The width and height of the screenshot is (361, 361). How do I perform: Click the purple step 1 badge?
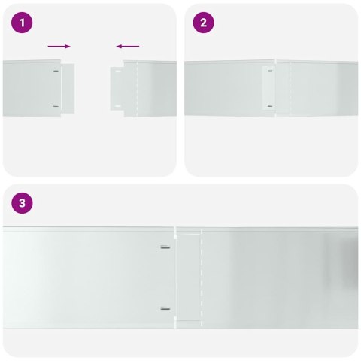coord(23,23)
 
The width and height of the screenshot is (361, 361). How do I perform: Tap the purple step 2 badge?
coord(203,23)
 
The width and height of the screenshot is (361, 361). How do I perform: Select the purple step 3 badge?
coord(23,203)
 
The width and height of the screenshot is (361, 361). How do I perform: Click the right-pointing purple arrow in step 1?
coord(59,46)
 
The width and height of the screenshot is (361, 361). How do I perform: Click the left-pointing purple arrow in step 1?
coord(128,46)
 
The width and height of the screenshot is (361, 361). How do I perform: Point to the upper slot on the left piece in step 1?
coord(56,71)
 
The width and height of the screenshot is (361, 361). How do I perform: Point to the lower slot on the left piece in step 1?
coord(56,105)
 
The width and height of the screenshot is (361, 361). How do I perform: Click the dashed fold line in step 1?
coord(138,89)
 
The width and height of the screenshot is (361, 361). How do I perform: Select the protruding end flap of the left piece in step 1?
coord(68,88)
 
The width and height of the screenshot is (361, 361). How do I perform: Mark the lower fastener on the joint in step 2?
coord(270,105)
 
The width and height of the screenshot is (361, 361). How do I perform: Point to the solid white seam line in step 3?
coord(174,277)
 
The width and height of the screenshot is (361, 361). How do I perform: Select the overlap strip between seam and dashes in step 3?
coord(189,277)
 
